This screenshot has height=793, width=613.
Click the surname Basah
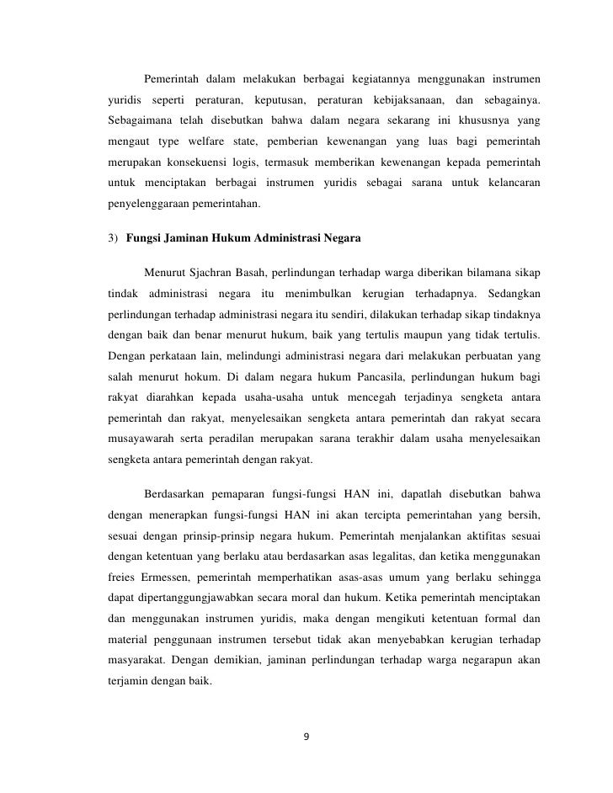[x=270, y=271]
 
